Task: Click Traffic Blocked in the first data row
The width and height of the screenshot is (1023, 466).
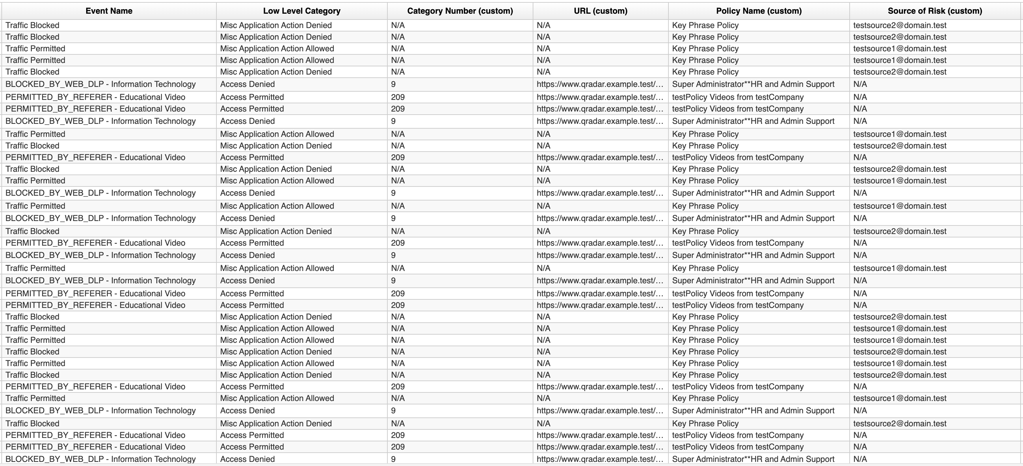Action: click(32, 25)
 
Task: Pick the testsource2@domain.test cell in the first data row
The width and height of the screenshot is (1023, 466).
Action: click(900, 25)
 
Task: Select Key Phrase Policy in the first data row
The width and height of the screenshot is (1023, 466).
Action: click(705, 25)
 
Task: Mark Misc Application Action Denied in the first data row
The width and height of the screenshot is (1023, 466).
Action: click(276, 25)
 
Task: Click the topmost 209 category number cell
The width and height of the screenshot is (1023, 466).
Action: click(398, 97)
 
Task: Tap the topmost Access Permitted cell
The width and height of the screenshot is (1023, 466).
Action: click(252, 97)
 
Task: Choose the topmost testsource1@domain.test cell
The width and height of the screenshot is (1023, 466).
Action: click(900, 49)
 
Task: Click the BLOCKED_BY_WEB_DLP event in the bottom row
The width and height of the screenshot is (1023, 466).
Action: click(101, 459)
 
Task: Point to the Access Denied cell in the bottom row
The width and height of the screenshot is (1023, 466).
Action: click(247, 459)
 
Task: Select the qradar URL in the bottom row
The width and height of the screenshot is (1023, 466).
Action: click(600, 459)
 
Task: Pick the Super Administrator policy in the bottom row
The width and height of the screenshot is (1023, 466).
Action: click(753, 459)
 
